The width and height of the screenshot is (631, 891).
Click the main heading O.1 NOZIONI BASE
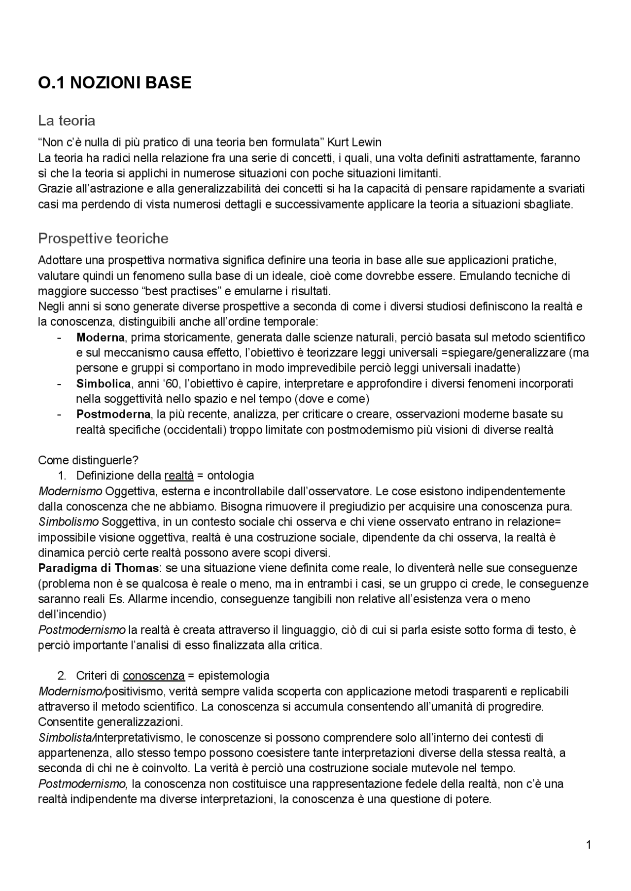(114, 83)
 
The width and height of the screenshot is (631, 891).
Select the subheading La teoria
(67, 121)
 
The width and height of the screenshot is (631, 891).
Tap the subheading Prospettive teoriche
(103, 239)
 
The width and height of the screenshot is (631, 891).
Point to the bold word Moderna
(100, 338)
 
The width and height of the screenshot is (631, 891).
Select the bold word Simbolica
(103, 384)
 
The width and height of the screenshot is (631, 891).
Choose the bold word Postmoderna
(113, 414)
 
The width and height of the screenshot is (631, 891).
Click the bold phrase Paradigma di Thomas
(99, 568)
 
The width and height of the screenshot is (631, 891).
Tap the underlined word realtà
(178, 476)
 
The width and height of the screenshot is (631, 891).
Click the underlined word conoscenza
(153, 676)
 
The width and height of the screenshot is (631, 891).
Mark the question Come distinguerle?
(88, 460)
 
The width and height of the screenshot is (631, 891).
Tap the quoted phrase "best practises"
(179, 291)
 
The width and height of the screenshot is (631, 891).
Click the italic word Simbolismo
(69, 522)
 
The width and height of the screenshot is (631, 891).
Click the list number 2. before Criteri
(62, 676)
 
